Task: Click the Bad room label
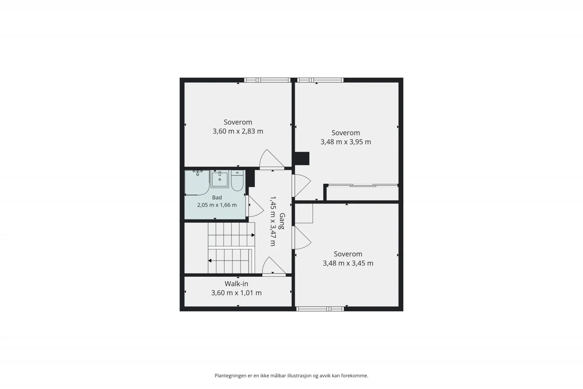coord(217,198)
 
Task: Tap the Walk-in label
coord(236,284)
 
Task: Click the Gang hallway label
coord(282,221)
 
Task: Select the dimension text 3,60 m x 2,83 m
coord(238,131)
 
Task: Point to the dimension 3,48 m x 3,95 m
coord(346,142)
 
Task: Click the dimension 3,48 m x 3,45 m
coord(348,263)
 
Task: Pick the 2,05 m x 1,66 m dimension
coord(217,205)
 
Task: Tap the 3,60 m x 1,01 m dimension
coord(236,293)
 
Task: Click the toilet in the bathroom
coord(237,180)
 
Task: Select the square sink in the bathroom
coord(220,179)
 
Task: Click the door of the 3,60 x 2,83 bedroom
coord(272,159)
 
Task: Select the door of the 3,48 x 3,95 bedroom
coord(301,186)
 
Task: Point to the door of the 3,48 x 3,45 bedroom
coord(301,237)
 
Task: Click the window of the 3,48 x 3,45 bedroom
coord(320,309)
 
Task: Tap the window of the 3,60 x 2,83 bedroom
coord(267,80)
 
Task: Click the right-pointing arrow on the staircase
coord(253,235)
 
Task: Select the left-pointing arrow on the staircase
coord(210,261)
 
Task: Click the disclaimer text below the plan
coord(291,376)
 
